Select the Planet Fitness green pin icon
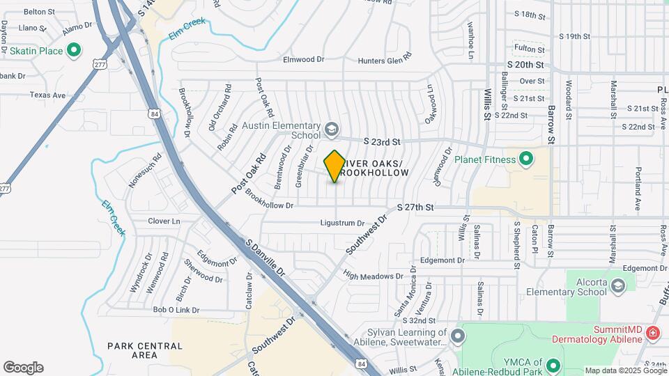527,159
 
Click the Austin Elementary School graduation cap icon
332,130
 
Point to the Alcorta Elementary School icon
617,286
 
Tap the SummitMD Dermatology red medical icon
652,334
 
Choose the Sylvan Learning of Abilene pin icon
457,338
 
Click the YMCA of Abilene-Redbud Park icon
553,366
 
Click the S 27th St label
415,207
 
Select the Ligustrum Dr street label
343,224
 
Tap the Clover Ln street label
164,221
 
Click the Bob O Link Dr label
176,310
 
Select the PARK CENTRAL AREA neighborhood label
145,350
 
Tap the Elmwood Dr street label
304,60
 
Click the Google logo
23,368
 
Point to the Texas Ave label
47,95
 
